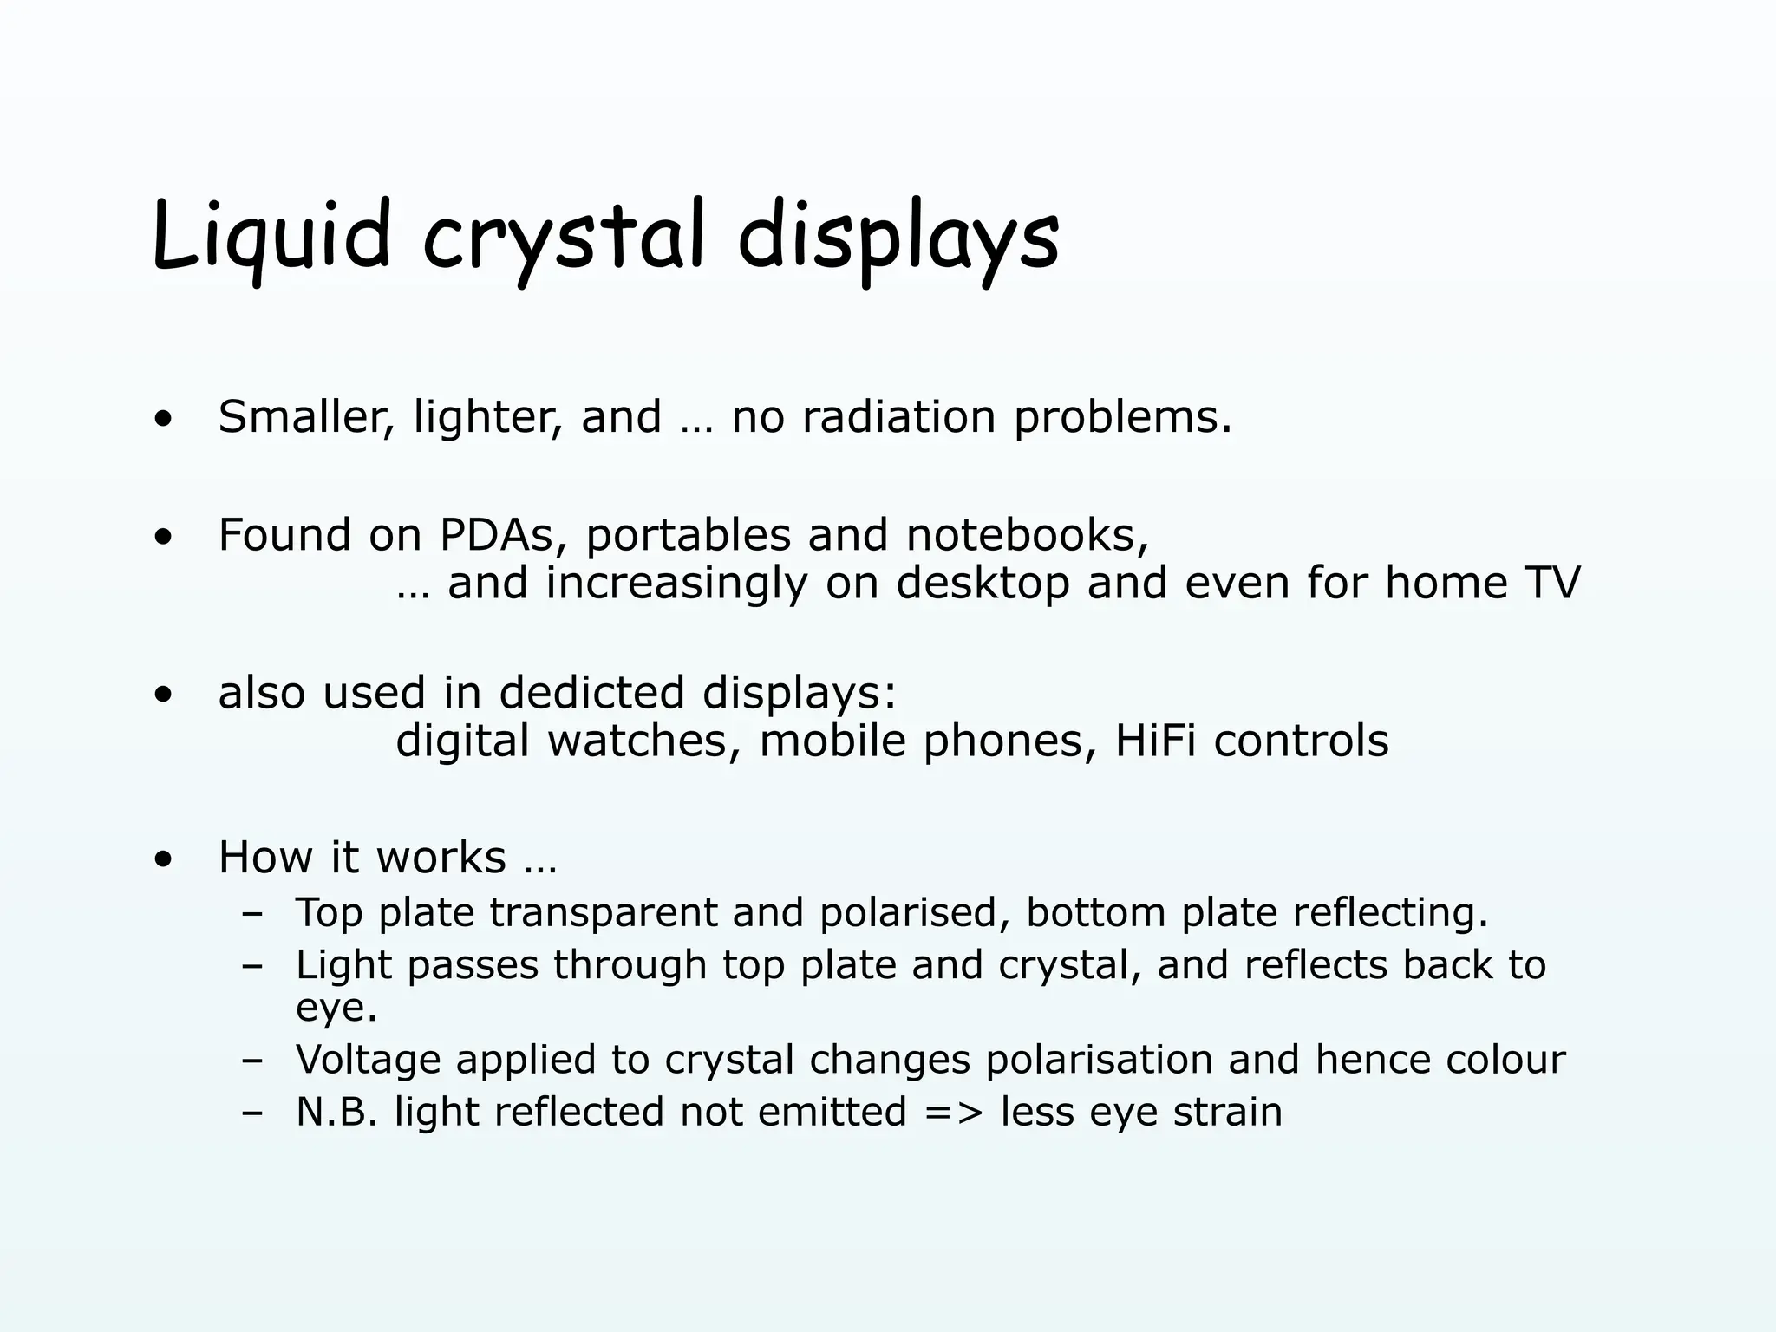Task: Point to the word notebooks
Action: pos(1027,534)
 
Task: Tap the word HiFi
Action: pos(1154,741)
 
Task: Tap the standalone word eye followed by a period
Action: pos(336,1009)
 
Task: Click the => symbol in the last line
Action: pos(954,1113)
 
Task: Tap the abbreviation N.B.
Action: pos(336,1113)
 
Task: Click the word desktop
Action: pos(983,582)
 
